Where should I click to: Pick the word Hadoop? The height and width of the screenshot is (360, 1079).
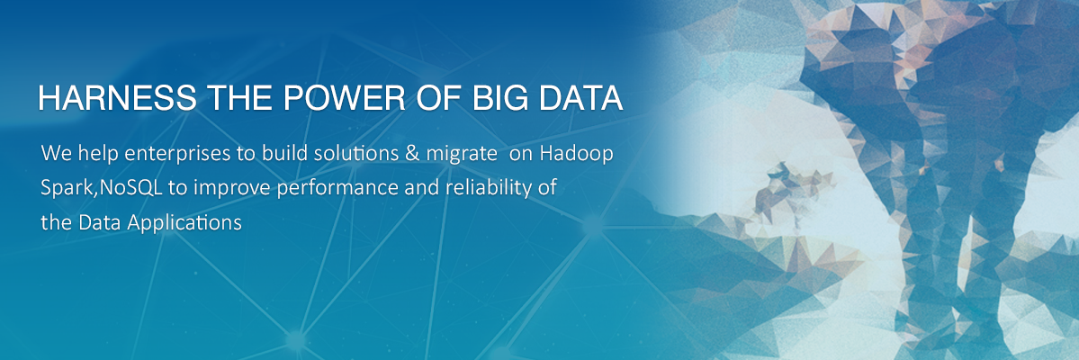576,154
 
